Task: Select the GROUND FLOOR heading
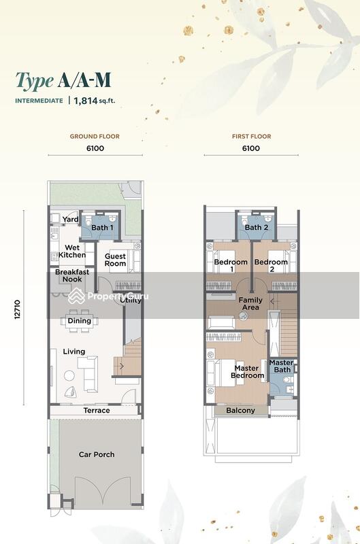click(x=95, y=137)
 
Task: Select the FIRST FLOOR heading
click(x=251, y=137)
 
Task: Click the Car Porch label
click(x=96, y=454)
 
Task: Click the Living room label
click(x=74, y=352)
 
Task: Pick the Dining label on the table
click(x=80, y=321)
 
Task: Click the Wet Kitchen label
click(x=71, y=251)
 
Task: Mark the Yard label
click(x=70, y=220)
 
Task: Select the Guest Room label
click(x=115, y=259)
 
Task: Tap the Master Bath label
click(x=281, y=367)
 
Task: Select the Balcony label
click(x=241, y=410)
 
